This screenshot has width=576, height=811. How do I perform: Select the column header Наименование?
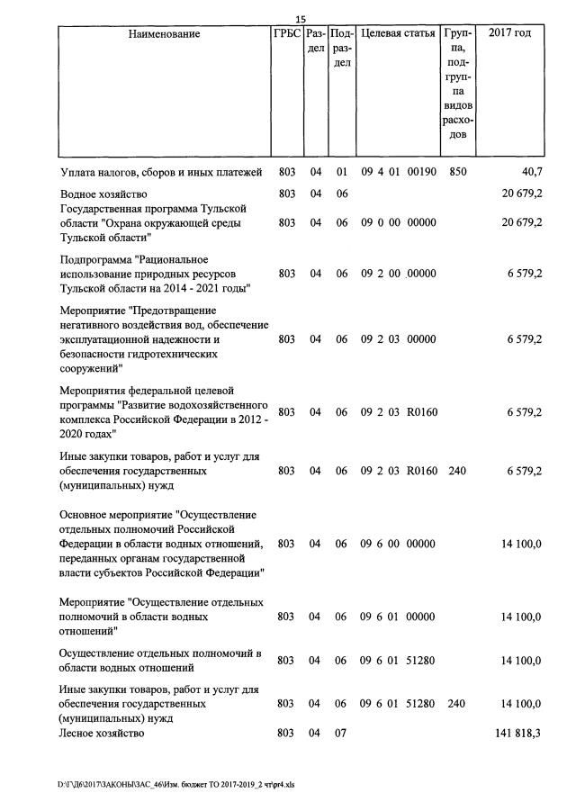(164, 34)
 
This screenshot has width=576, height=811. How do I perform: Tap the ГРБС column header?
(286, 34)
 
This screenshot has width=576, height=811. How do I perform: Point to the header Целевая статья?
(398, 34)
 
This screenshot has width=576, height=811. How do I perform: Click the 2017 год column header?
(509, 34)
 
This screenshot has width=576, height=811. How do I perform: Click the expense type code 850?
(457, 171)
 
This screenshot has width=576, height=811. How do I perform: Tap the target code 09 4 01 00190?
(398, 171)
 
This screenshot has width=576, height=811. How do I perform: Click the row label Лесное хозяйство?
(102, 734)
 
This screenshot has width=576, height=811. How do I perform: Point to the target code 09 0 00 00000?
(398, 222)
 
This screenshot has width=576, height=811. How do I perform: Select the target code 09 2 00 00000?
(398, 274)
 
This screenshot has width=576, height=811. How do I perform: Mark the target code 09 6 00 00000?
(398, 544)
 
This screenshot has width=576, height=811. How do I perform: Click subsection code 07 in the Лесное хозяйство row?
(341, 734)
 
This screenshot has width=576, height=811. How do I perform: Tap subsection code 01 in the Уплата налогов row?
(341, 171)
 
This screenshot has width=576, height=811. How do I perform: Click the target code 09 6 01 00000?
(398, 617)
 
